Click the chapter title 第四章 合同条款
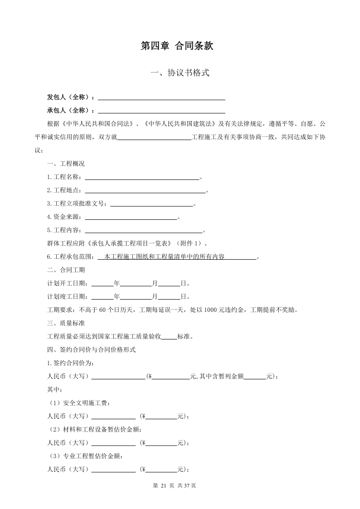point(180,46)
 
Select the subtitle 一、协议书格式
point(180,73)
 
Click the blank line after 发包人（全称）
point(161,97)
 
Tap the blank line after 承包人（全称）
point(161,111)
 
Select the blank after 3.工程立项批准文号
point(152,204)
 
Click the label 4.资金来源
point(64,217)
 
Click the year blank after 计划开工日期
point(102,284)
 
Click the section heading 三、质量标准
point(66,324)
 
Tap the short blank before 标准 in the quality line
point(170,337)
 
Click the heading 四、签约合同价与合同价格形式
point(92,350)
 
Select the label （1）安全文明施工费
point(79,403)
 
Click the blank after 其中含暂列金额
point(255,377)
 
